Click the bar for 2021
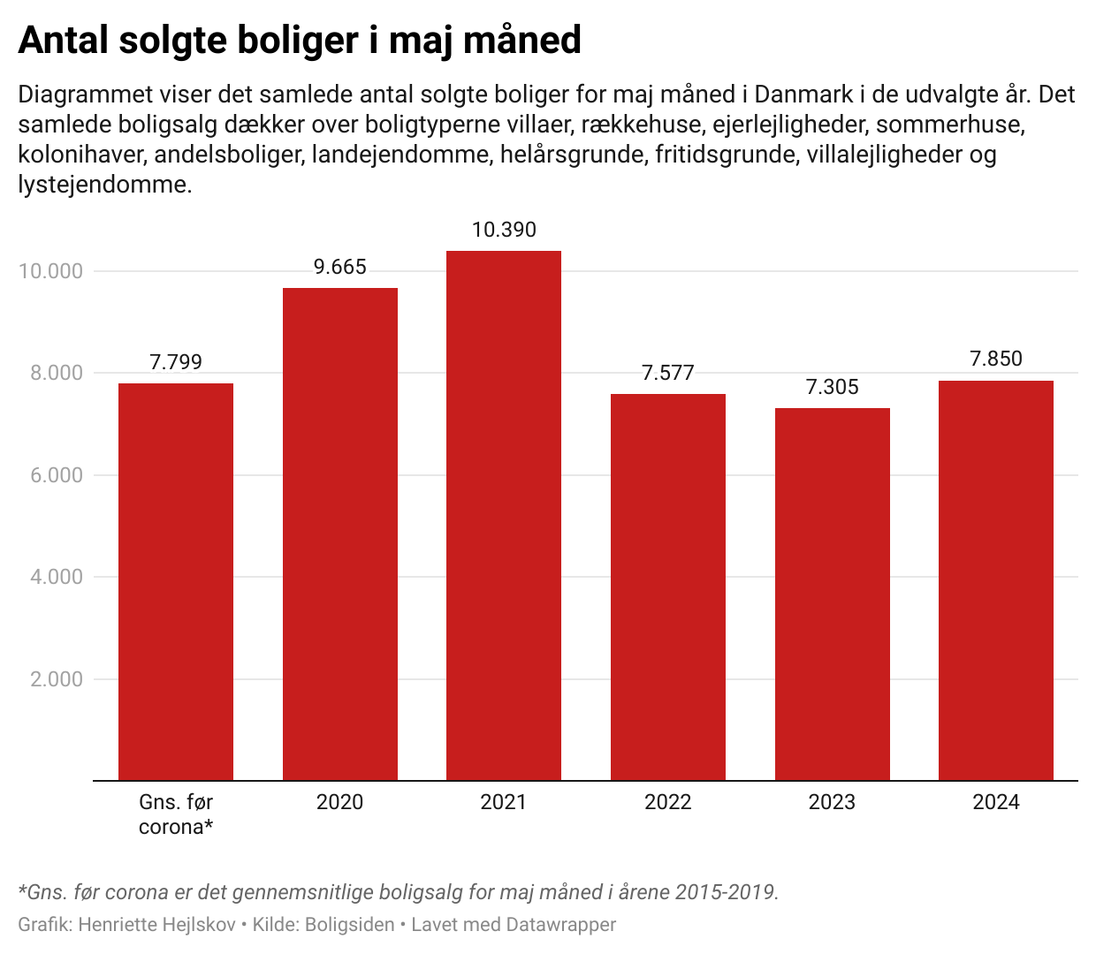504,516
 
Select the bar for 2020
340,534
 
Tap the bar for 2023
832,594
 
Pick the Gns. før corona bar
176,582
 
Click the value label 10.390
504,230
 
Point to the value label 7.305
832,387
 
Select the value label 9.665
340,267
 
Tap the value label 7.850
996,359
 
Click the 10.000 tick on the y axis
51,271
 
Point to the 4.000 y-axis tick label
57,577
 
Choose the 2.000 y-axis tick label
57,679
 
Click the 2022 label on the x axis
668,802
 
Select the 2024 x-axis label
996,802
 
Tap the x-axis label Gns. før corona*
176,814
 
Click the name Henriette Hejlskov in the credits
157,925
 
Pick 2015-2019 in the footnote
725,892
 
